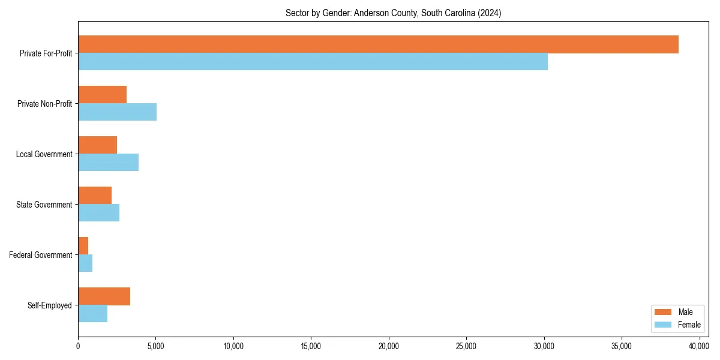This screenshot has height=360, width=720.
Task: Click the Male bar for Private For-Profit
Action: [378, 44]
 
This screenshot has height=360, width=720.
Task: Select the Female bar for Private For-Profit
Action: [313, 62]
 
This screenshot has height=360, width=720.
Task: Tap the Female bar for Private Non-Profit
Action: [117, 112]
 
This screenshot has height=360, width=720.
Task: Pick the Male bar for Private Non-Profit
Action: [102, 95]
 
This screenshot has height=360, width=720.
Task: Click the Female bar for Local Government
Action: [108, 163]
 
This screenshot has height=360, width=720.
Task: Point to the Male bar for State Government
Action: [95, 196]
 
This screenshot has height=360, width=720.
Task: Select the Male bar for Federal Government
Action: [83, 246]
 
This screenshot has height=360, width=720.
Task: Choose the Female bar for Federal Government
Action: [85, 263]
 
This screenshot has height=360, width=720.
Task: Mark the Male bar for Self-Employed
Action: [104, 296]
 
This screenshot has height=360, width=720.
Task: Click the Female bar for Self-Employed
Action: [92, 314]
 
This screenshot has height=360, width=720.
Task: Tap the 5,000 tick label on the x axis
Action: [155, 346]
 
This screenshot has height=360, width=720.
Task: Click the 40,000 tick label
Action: [699, 346]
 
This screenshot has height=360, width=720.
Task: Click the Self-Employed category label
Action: [50, 305]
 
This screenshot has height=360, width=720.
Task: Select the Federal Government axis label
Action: [41, 255]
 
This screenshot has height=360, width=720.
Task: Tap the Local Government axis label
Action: [44, 154]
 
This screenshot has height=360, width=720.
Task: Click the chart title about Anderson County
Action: [393, 13]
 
